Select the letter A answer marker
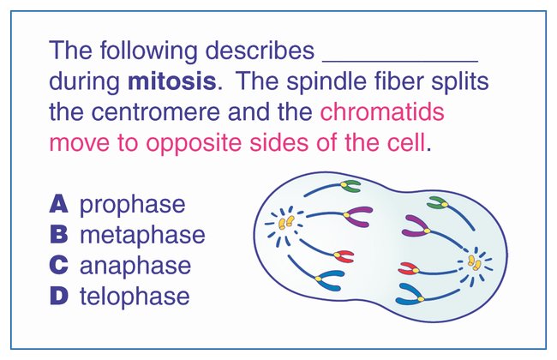coord(58,204)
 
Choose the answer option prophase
coord(132,205)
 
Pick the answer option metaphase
coord(142,235)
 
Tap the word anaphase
coord(135,266)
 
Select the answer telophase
coord(135,297)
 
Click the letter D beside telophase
coord(58,297)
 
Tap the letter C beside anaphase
coord(58,266)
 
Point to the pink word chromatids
coord(381,112)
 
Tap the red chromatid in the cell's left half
coord(344,255)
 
